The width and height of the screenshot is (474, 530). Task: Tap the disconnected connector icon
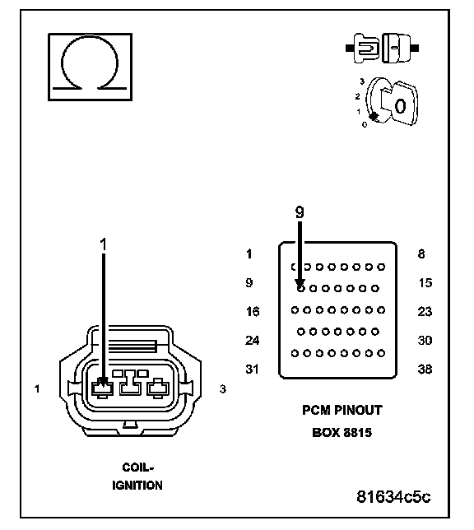(x=382, y=48)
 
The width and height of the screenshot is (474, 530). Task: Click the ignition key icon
(x=393, y=102)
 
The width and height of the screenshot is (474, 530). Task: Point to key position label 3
(x=362, y=81)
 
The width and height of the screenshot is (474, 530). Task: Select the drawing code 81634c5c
(x=393, y=497)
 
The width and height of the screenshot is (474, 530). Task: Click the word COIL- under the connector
(x=138, y=467)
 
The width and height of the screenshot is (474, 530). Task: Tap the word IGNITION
(x=137, y=486)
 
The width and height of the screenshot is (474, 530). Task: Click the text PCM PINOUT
(x=342, y=410)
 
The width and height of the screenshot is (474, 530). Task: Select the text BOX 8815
(x=342, y=432)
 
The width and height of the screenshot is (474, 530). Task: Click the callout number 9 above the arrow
(x=300, y=212)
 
